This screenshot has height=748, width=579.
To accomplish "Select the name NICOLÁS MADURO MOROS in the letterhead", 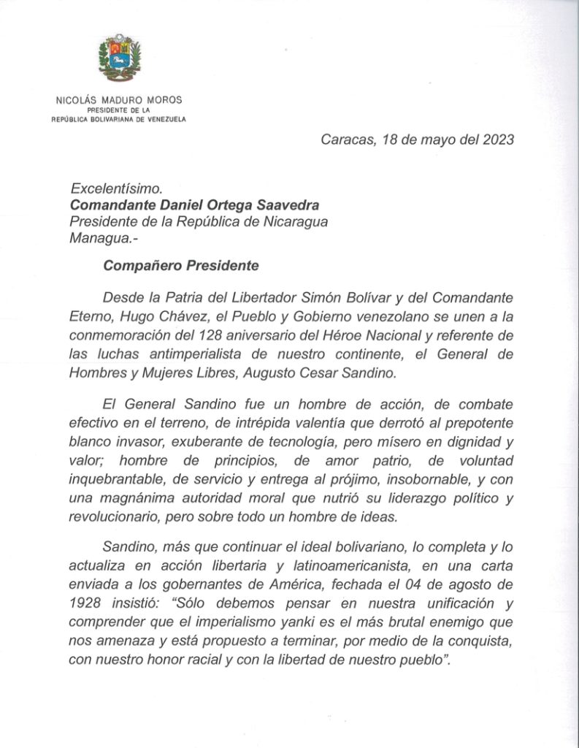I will point(119,100).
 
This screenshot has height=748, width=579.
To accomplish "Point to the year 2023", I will point(496,140).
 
